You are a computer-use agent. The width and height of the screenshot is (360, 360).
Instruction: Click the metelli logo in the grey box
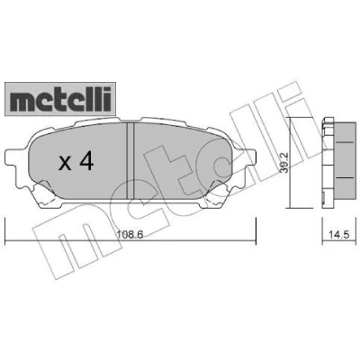coord(60,99)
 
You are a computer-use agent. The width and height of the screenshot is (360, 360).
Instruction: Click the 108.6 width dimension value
coord(130,235)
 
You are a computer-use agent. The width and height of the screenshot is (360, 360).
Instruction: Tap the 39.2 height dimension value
coord(285,163)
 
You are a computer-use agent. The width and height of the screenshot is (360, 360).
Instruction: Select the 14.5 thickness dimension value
coord(340,235)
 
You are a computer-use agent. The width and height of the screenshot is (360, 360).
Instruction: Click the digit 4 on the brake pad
coord(86,163)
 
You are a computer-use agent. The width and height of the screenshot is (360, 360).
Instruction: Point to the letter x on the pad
coord(65,165)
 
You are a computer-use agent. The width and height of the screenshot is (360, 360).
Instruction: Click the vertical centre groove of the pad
coord(130,160)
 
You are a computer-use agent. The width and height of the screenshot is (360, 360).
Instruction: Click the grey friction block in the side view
coord(344,164)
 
